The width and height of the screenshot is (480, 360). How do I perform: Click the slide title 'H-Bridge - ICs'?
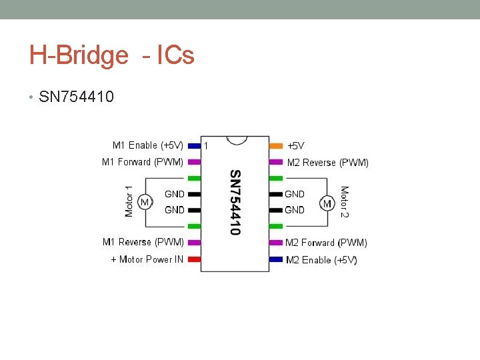coord(111,55)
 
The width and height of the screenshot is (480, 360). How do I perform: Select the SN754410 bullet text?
coord(77,97)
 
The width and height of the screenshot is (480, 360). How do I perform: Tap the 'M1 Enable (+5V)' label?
coord(148,145)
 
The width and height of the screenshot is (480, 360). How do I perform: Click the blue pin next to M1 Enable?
coord(194,145)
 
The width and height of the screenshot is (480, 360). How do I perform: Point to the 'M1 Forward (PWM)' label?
coord(142,161)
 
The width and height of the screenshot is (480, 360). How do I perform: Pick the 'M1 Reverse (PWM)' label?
coord(143,242)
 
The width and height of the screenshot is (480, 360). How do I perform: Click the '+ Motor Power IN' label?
coord(147,259)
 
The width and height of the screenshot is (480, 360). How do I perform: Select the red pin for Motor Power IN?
coord(194,259)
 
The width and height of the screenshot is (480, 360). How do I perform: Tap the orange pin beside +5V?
coord(275,145)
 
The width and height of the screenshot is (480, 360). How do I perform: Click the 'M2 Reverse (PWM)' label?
coord(327,162)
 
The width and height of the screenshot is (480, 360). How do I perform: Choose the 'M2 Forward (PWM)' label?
coord(326,243)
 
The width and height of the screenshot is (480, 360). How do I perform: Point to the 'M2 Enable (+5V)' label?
coord(321,260)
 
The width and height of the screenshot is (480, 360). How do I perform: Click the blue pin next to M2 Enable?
coord(275,259)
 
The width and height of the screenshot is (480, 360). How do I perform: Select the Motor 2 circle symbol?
coord(327,203)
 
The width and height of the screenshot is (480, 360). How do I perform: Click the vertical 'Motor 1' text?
coord(129,196)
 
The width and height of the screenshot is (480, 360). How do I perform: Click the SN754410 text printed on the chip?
coord(235,202)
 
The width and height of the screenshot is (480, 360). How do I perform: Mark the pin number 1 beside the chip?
coord(206,145)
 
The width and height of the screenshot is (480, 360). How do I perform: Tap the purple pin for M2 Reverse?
coord(275,162)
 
